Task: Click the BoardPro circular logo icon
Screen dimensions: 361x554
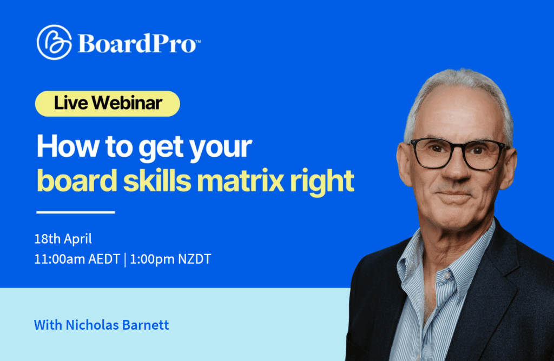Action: point(54,42)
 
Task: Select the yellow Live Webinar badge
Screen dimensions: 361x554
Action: point(107,103)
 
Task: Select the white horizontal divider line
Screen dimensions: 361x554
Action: point(75,212)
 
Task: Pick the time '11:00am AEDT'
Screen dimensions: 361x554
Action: point(77,259)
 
